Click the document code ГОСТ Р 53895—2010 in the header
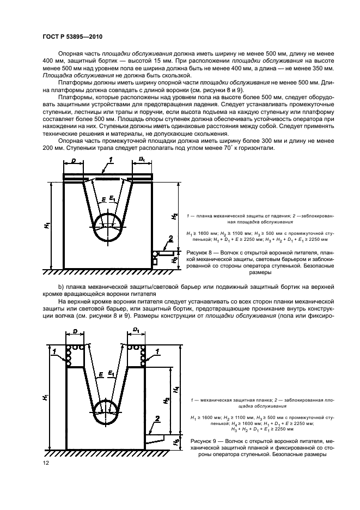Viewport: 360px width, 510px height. point(72,37)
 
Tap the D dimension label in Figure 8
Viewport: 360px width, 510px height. point(74,162)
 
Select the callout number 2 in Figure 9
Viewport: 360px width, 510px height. point(157,418)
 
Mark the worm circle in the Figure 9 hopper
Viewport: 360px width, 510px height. point(106,414)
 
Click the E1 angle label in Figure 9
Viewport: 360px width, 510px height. point(111,374)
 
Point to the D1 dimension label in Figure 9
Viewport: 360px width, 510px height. point(136,330)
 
